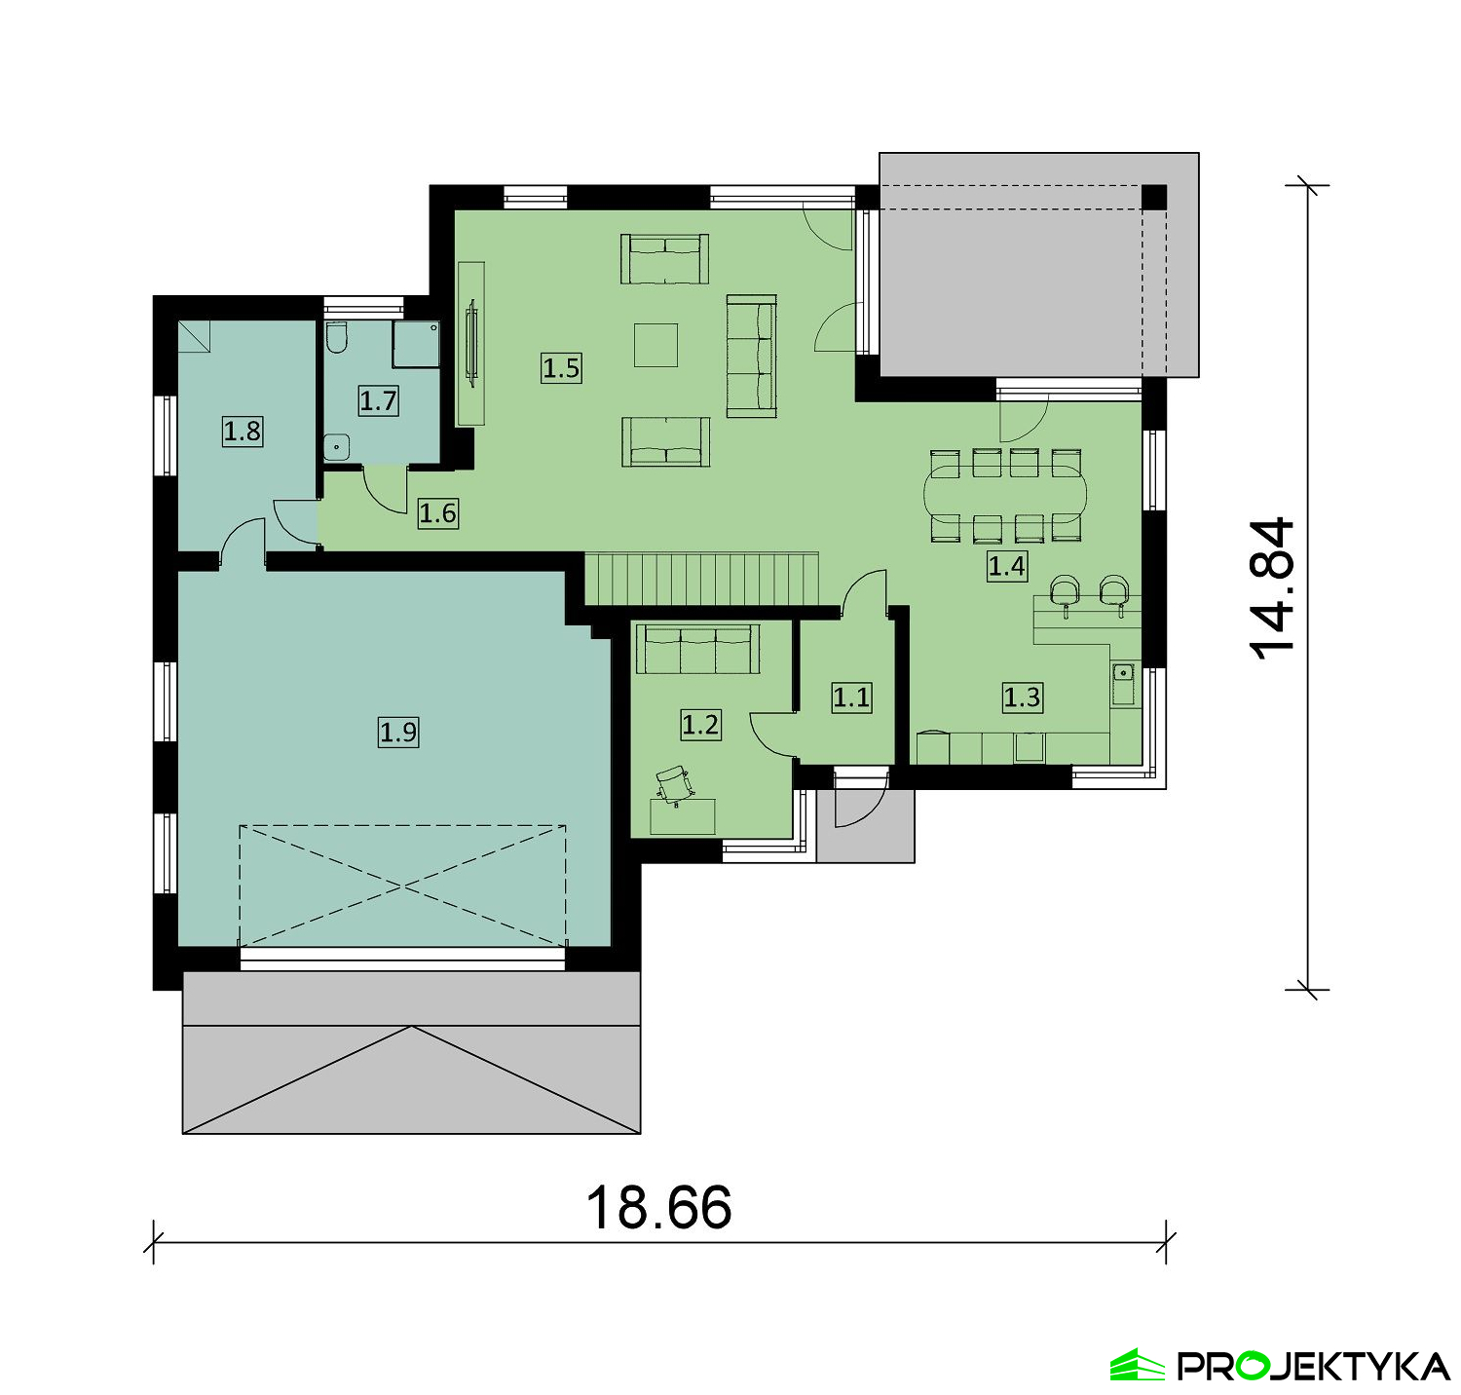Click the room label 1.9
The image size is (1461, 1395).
(x=398, y=732)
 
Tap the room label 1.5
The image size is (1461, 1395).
(x=561, y=368)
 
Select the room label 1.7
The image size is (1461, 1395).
(x=378, y=400)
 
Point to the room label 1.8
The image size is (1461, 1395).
(x=243, y=431)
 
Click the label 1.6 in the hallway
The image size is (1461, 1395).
(x=437, y=513)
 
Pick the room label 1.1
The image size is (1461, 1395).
(x=851, y=697)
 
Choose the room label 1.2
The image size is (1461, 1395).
(x=700, y=725)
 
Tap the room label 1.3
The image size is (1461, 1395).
(x=1023, y=697)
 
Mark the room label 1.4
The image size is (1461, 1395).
(x=1006, y=566)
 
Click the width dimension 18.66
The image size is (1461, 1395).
(x=658, y=1208)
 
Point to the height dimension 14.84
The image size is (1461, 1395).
(x=1274, y=588)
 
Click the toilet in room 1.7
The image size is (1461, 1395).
(x=337, y=336)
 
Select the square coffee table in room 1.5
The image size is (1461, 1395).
(x=656, y=345)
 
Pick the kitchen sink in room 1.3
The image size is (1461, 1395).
(x=1123, y=683)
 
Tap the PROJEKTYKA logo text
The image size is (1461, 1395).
(x=1314, y=1366)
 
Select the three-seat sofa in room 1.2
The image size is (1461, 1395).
(x=697, y=649)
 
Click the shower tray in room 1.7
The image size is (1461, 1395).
(x=415, y=344)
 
